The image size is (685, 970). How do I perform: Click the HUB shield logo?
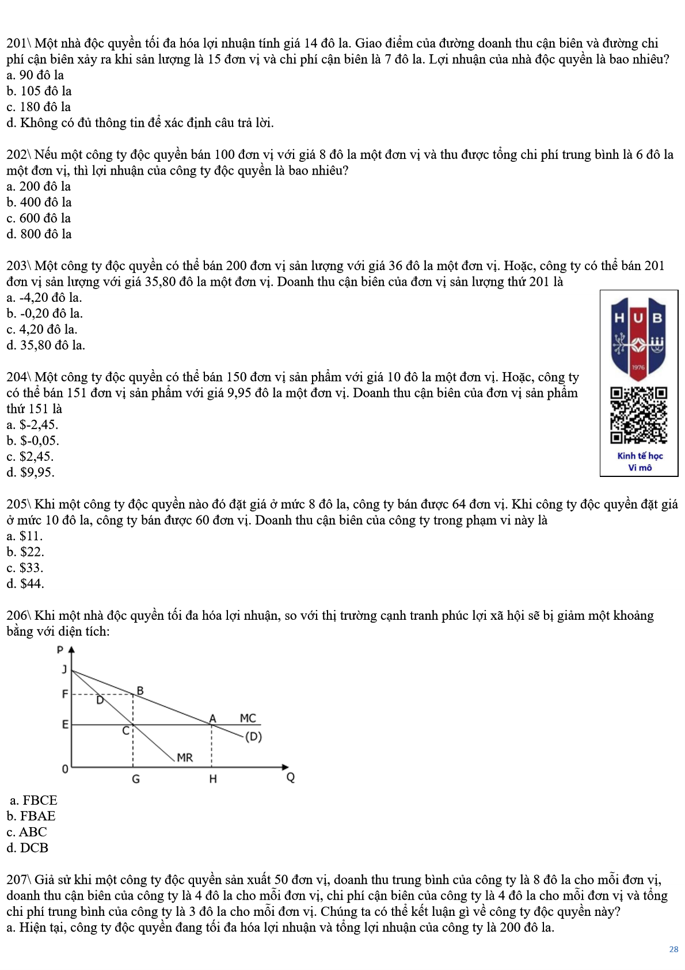pyautogui.click(x=639, y=339)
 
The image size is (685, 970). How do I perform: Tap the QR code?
pyautogui.click(x=639, y=415)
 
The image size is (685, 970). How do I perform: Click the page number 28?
pyautogui.click(x=673, y=949)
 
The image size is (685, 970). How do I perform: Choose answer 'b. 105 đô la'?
pyautogui.click(x=39, y=91)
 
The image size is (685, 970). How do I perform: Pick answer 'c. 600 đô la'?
pyautogui.click(x=39, y=218)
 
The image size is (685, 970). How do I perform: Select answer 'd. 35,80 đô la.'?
pyautogui.click(x=46, y=346)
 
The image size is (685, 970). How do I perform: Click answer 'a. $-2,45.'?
pyautogui.click(x=33, y=425)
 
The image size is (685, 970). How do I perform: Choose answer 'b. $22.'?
pyautogui.click(x=25, y=552)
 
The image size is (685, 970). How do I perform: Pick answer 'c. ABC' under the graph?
pyautogui.click(x=27, y=832)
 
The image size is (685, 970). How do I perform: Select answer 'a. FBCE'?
pyautogui.click(x=34, y=801)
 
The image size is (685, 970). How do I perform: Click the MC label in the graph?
pyautogui.click(x=248, y=718)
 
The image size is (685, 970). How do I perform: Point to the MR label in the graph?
pyautogui.click(x=185, y=757)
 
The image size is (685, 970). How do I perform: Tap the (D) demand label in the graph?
pyautogui.click(x=253, y=737)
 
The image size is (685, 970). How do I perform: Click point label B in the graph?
pyautogui.click(x=140, y=691)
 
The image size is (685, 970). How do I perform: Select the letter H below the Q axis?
pyautogui.click(x=213, y=779)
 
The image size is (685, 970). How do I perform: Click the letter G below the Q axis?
pyautogui.click(x=136, y=779)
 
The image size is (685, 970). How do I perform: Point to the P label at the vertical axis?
pyautogui.click(x=60, y=650)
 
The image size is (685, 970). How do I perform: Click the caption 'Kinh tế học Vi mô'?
pyautogui.click(x=640, y=462)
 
